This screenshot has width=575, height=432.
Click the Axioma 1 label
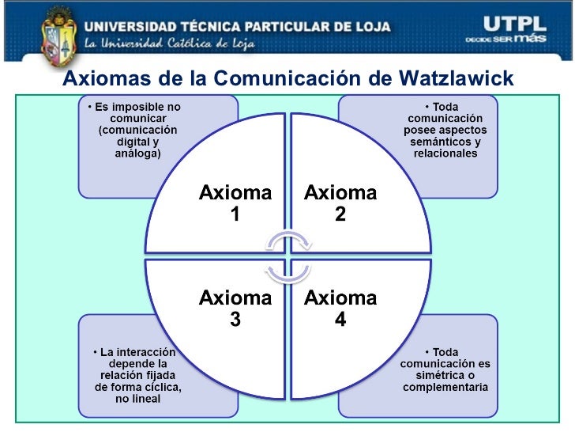coord(235,203)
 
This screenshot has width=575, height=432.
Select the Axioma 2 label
coord(340,203)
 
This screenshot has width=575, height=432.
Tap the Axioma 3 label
coord(235,309)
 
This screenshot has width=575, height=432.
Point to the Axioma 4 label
coord(340,309)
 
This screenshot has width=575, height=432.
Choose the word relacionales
coord(445,153)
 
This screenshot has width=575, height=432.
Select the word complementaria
coord(445,387)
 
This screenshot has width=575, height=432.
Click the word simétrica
coord(438,375)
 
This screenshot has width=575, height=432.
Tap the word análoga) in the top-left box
coord(137,153)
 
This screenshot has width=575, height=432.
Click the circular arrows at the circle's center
coord(287,256)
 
